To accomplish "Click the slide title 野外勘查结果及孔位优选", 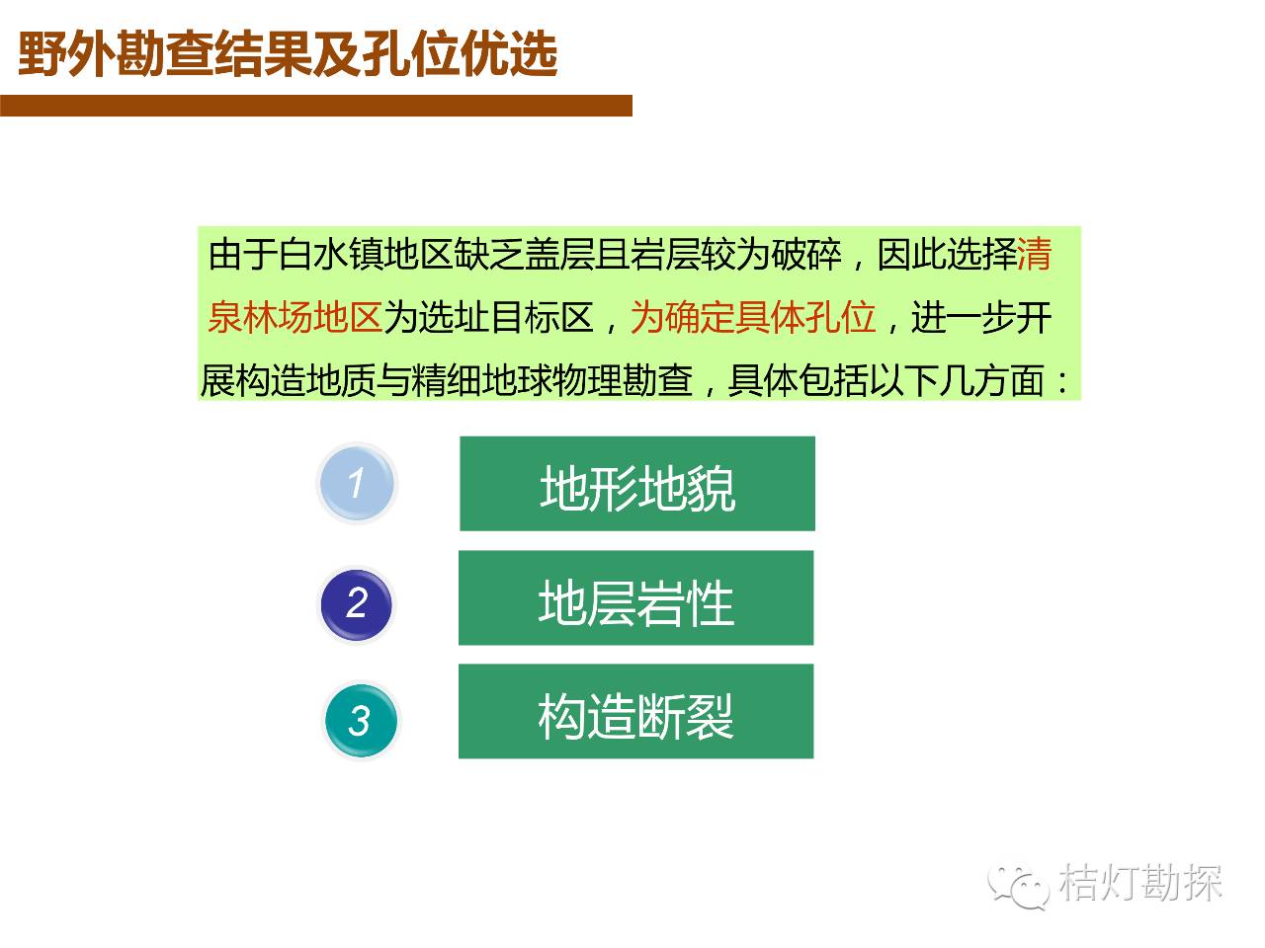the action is [x=289, y=53].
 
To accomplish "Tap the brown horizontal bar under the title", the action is [x=316, y=106].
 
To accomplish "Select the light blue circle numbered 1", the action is [x=358, y=484].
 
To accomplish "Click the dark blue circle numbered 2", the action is [x=357, y=604].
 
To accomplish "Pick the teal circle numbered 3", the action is [x=361, y=720].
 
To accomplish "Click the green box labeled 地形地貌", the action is [x=636, y=484].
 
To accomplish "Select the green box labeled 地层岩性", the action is [x=635, y=597].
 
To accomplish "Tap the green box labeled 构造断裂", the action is [x=635, y=711].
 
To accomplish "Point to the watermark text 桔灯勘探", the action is [x=1139, y=883].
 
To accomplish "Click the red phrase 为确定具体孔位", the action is [x=753, y=317].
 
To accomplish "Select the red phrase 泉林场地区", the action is [x=295, y=317].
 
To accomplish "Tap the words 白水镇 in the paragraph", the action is [x=331, y=255].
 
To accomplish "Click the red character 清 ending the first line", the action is [x=1035, y=255].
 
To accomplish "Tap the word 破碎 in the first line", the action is [x=806, y=255].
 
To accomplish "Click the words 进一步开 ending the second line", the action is [x=982, y=317].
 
